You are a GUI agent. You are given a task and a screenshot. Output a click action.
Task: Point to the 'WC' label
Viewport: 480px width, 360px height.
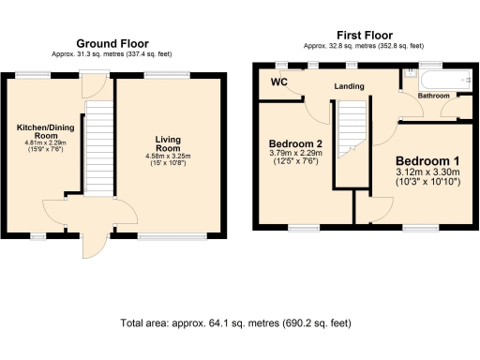tap(278, 82)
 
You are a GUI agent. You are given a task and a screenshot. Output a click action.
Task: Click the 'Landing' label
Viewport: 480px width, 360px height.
tap(348, 87)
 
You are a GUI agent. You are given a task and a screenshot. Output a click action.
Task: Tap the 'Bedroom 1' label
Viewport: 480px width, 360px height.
tap(427, 159)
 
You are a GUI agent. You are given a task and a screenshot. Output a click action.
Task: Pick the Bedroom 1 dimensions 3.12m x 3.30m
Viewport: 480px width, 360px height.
tap(427, 173)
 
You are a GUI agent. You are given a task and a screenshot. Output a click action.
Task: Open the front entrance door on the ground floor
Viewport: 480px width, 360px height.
tap(92, 246)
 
